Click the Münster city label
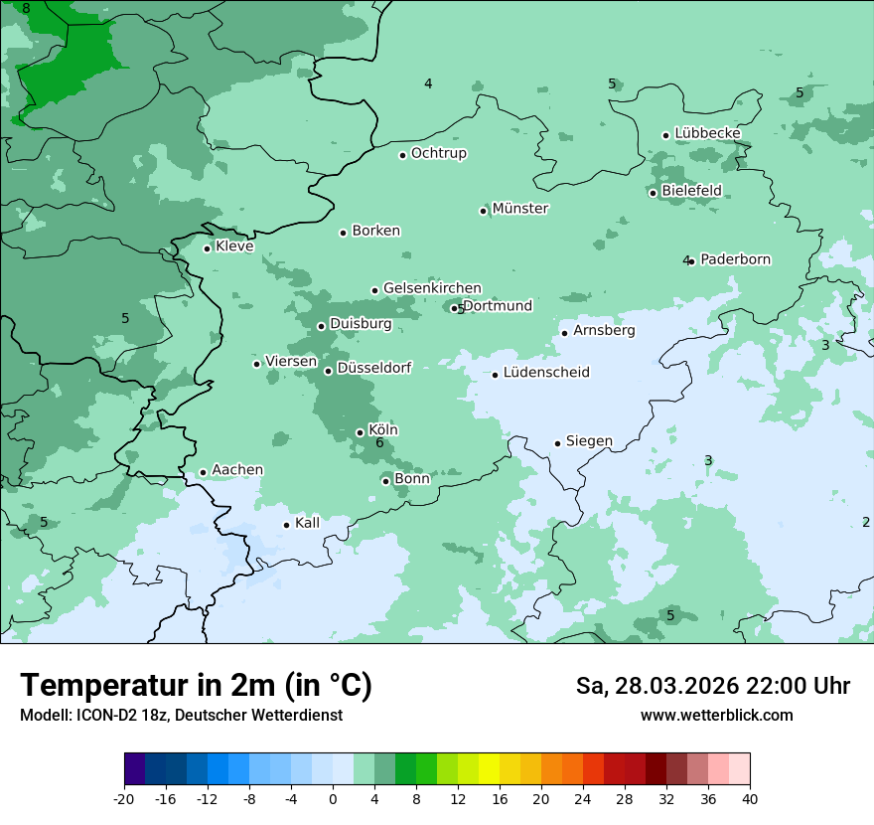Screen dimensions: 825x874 coord(520,209)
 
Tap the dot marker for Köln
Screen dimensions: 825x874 coord(360,432)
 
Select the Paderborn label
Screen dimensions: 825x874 coord(735,259)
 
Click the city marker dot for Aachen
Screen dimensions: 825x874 coord(203,473)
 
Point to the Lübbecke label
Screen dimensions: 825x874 coord(707,133)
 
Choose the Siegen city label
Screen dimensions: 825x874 coord(589,441)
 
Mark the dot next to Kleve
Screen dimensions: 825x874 coord(207,248)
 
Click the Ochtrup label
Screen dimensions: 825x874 coord(438,153)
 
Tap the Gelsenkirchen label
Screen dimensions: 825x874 coord(432,288)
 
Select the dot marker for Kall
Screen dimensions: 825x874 coord(286,525)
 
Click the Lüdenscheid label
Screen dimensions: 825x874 coord(546,373)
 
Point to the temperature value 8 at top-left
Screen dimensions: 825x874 coord(26,9)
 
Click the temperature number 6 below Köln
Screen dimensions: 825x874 coord(379,442)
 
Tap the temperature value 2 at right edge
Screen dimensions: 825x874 coord(865,522)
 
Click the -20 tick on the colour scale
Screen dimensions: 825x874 coord(124,799)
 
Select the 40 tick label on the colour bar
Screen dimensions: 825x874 coord(750,799)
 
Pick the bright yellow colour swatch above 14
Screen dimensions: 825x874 coord(489,769)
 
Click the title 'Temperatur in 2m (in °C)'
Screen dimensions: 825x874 coord(196,686)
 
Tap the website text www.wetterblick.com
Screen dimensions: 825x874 coord(716,716)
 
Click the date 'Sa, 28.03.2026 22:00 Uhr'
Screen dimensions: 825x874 coord(712,686)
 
